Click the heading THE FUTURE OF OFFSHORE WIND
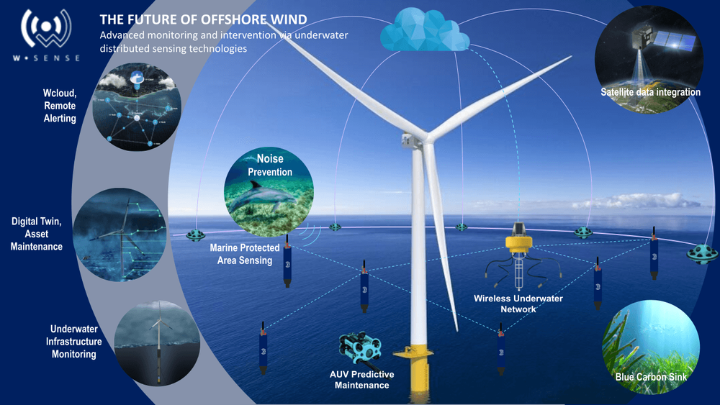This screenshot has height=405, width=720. pos(203,19)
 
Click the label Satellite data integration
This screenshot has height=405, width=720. pos(650,92)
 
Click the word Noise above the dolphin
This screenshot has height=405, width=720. pos(270,158)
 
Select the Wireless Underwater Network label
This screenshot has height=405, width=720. pos(518,304)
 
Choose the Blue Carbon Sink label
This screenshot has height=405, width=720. pos(651,376)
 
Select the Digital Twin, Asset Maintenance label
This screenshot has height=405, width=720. pos(37,235)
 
